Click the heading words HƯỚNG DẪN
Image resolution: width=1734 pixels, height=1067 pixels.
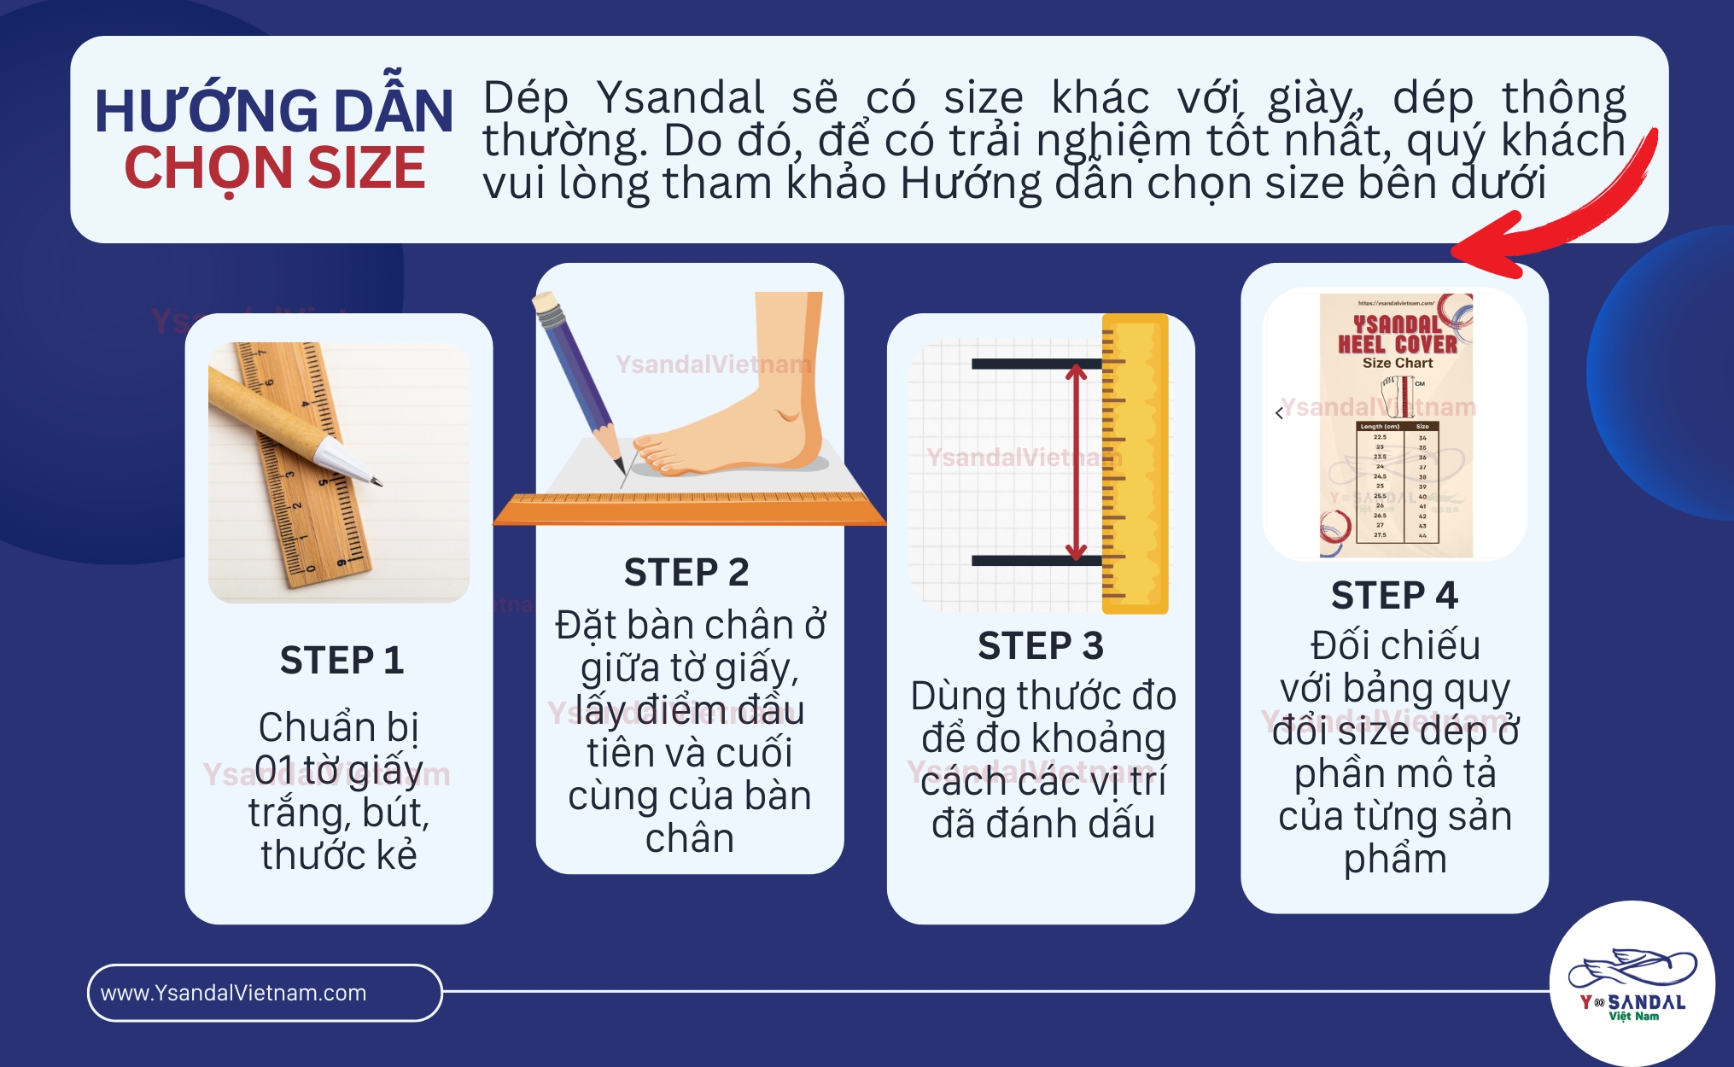[x=273, y=112]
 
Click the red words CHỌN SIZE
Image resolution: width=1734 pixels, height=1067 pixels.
[x=274, y=168]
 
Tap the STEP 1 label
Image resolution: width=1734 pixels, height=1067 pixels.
[x=342, y=660]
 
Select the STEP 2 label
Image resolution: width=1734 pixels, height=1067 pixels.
[x=686, y=572]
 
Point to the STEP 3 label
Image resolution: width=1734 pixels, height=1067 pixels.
[x=1041, y=645]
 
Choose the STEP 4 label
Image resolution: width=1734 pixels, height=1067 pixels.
[x=1394, y=595]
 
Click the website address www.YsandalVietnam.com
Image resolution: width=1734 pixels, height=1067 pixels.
[x=233, y=993]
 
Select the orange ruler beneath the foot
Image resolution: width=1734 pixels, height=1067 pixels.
[x=690, y=510]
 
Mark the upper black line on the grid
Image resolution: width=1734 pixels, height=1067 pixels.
[x=1036, y=364]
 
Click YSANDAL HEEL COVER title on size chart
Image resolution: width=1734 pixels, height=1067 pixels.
[x=1397, y=335]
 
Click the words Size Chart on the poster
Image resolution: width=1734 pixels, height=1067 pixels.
[x=1398, y=363]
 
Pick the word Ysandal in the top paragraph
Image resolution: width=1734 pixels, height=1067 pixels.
[x=680, y=97]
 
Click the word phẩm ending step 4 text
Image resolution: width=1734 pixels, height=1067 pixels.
[x=1395, y=859]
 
